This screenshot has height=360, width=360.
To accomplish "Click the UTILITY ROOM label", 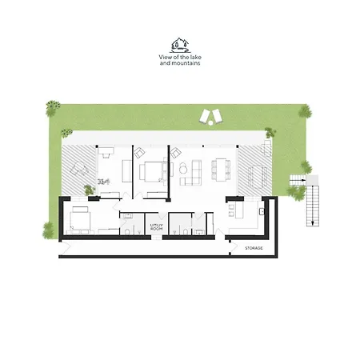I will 156,227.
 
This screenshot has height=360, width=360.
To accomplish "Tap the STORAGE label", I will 254,248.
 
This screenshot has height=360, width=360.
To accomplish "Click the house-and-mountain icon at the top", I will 179,46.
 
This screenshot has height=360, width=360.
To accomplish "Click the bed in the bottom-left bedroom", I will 81,217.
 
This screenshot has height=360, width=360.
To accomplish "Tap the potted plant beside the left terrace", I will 88,190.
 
